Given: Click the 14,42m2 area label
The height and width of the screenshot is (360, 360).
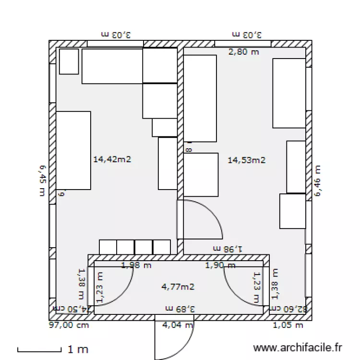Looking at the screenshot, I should click(112, 159).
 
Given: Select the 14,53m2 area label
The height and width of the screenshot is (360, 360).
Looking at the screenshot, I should click(247, 160).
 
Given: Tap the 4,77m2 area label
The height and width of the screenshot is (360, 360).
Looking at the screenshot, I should click(178, 287).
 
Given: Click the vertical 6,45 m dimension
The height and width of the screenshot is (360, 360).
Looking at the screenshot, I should click(42, 180).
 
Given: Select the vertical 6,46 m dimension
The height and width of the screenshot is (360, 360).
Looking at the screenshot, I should click(317, 180).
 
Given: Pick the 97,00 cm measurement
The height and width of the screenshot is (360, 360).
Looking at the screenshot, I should click(69, 325).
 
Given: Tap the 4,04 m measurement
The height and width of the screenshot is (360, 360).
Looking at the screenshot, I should click(178, 325).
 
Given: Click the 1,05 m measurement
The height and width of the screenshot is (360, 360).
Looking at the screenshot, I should click(288, 325).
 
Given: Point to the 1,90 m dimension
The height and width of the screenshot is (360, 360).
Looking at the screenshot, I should click(220, 265).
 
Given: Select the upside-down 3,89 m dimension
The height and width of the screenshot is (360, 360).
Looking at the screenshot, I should click(180, 308).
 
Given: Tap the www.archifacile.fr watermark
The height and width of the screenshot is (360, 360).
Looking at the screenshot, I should click(298, 348).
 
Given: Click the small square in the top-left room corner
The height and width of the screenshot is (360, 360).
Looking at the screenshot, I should click(69, 61).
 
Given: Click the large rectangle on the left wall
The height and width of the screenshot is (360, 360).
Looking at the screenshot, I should click(73, 150).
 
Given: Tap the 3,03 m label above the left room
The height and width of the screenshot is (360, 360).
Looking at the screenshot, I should click(116, 35).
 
